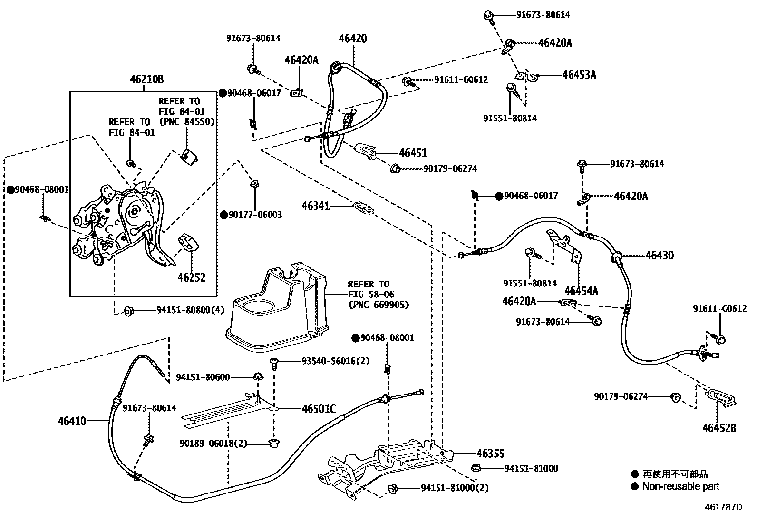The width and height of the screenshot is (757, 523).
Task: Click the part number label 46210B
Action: pos(147,80)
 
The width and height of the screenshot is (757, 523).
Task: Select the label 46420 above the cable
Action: pos(353,39)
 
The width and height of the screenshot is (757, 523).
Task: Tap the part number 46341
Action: pos(316,206)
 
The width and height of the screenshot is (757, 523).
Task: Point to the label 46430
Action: pos(660,256)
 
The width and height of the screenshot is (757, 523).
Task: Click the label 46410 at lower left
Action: pos(72,421)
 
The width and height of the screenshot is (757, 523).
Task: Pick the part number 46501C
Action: pos(319,409)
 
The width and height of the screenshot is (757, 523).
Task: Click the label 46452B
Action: pos(719,428)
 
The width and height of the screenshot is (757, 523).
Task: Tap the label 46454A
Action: pos(581,291)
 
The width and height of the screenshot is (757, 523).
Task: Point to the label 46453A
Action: pos(579,75)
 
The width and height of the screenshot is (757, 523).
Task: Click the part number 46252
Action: pos(192,277)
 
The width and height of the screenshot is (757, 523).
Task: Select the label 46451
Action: pos(413,153)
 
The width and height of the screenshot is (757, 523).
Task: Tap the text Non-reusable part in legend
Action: pos(680,486)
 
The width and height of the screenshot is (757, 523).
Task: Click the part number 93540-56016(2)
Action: pos(335,361)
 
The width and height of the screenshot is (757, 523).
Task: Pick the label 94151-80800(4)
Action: pos(190,310)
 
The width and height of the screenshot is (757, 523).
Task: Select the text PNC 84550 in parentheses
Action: pos(186,121)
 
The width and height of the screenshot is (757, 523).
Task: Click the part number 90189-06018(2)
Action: pos(214,444)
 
